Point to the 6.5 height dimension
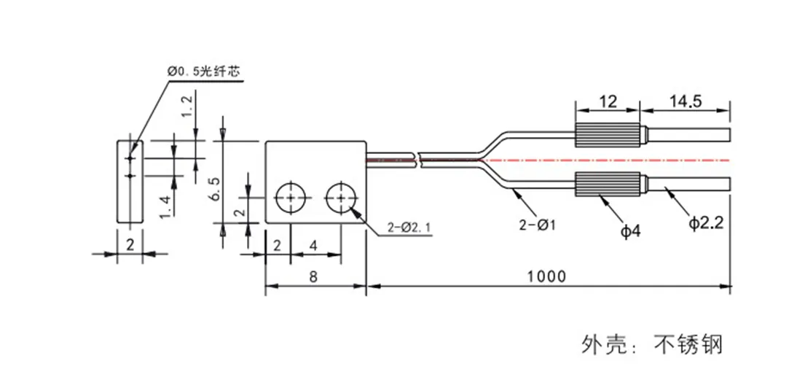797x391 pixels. [x=214, y=187]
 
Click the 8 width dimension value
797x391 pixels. [x=313, y=276]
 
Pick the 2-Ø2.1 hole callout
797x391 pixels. [x=411, y=228]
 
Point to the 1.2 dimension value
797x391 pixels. [x=187, y=106]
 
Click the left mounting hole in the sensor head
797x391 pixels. [x=291, y=198]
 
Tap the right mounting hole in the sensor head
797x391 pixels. [x=341, y=198]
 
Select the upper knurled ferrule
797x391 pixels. [x=607, y=136]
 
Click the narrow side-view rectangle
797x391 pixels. [x=129, y=180]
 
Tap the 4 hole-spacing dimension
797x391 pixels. [x=314, y=245]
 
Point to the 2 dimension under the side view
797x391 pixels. [x=130, y=244]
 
